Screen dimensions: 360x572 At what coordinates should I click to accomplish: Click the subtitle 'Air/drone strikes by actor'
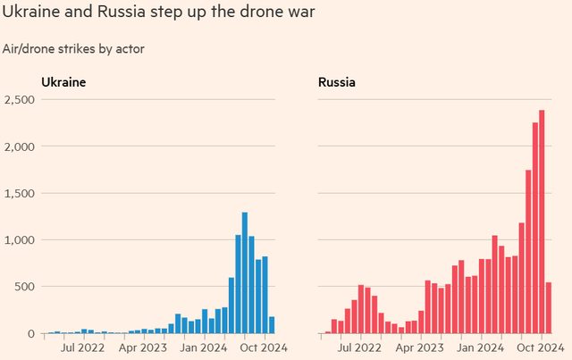click(73, 48)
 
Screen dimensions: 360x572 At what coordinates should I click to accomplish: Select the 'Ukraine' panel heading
click(63, 83)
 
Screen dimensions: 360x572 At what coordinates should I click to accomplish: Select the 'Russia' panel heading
click(336, 83)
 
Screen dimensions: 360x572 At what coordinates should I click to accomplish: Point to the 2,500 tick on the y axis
click(18, 99)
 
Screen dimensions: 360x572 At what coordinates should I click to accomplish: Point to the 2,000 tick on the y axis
click(18, 147)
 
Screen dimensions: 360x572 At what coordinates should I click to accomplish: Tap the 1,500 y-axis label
click(18, 193)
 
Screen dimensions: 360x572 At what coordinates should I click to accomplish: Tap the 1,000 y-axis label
click(18, 240)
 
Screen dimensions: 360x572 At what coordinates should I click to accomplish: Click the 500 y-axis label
click(23, 287)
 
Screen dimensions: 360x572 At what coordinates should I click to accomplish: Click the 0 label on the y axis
click(29, 333)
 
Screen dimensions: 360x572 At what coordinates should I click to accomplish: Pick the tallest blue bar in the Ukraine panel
click(245, 272)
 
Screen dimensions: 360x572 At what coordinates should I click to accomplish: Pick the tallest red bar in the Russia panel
click(542, 222)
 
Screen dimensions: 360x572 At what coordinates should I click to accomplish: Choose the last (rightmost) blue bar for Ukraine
click(272, 325)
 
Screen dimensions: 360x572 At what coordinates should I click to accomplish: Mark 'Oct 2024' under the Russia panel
click(540, 347)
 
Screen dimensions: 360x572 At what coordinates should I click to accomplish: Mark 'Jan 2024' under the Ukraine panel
click(205, 347)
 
